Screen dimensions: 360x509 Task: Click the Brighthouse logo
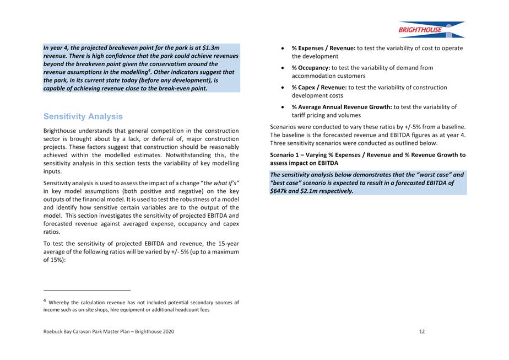(431, 29)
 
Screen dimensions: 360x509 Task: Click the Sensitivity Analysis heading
(83, 117)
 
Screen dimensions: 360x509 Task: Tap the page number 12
(421, 331)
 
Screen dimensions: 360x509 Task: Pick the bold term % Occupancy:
(311, 68)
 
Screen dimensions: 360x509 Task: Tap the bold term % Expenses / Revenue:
(323, 48)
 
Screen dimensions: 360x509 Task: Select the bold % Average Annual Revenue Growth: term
(342, 107)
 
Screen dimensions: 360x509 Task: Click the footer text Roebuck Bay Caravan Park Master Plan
(99, 331)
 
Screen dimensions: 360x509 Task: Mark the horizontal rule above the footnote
(87, 290)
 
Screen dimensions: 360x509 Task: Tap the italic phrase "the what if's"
(221, 182)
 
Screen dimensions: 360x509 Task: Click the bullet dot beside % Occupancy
(283, 68)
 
